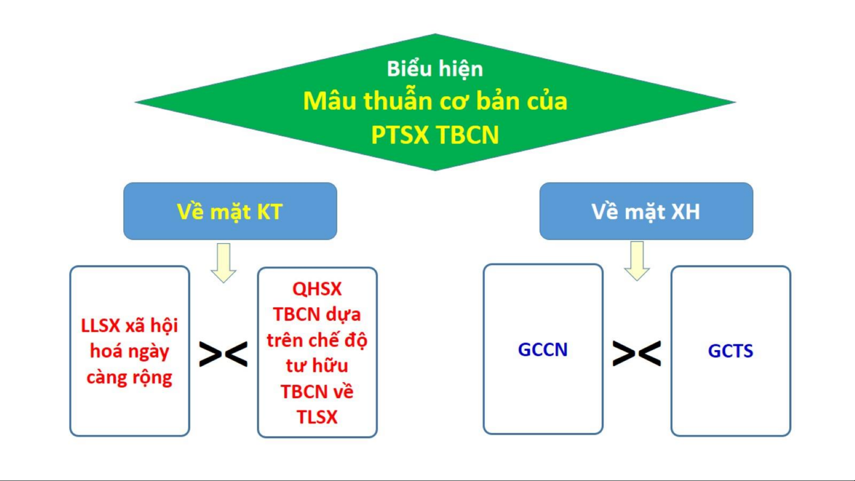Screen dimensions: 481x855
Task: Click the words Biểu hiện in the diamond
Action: click(434, 69)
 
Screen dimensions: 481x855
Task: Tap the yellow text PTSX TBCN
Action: click(435, 134)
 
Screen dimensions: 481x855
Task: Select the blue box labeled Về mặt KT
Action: click(230, 211)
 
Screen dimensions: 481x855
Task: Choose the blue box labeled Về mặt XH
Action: click(646, 211)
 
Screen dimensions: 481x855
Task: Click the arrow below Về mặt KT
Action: click(223, 263)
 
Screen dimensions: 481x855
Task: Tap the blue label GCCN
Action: click(543, 350)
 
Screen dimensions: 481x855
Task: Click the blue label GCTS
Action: click(730, 351)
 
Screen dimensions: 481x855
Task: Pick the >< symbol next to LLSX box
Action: click(223, 354)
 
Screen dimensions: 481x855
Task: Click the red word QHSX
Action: click(317, 289)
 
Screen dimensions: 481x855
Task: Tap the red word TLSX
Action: click(317, 417)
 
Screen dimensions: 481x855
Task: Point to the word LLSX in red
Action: click(101, 326)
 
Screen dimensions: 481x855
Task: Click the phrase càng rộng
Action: click(129, 378)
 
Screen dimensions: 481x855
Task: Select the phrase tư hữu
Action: click(317, 366)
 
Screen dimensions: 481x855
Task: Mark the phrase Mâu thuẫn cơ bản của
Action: click(435, 101)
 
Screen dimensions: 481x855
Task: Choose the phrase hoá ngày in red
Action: click(130, 352)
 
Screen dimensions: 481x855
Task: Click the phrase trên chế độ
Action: click(317, 340)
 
